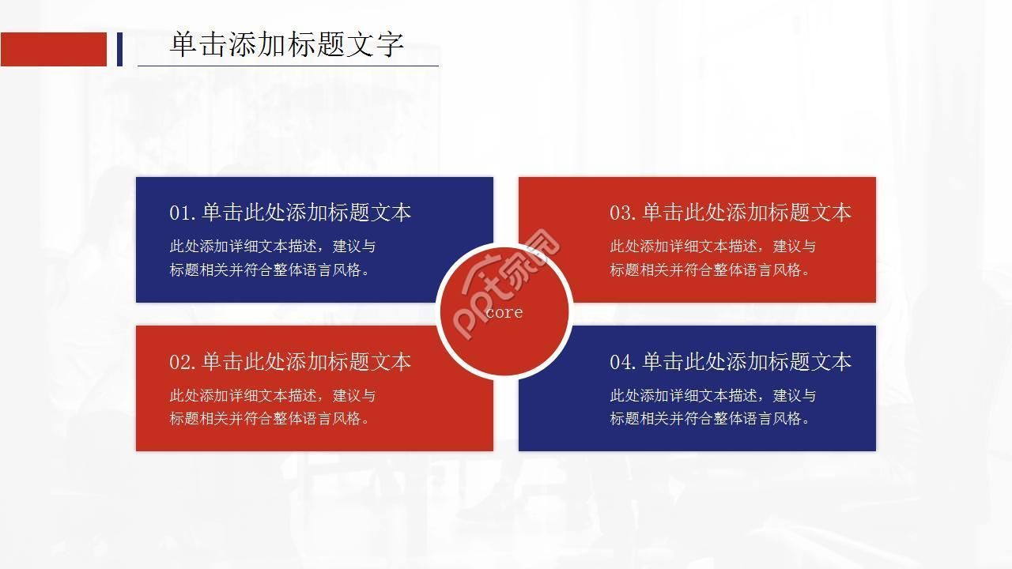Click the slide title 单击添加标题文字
point(287,44)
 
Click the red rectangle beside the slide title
point(53,49)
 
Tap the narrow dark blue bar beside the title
point(119,49)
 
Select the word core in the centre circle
point(504,312)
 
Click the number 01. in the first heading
point(182,213)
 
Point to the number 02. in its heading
point(182,362)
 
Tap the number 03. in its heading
point(622,213)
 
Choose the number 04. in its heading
point(622,362)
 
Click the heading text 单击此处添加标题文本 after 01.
point(307,213)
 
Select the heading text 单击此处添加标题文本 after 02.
point(307,362)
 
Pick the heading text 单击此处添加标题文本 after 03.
point(746,213)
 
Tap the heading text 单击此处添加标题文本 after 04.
point(746,362)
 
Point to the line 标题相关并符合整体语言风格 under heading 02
point(270,419)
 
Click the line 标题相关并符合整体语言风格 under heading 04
point(709,419)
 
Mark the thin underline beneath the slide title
point(288,66)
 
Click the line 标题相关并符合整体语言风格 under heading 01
point(270,269)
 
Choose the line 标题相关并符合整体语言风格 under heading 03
point(709,269)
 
